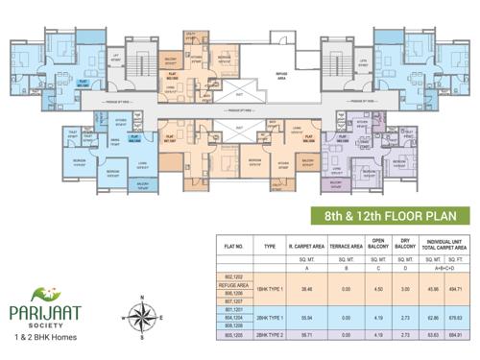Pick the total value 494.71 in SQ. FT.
pos(465,288)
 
